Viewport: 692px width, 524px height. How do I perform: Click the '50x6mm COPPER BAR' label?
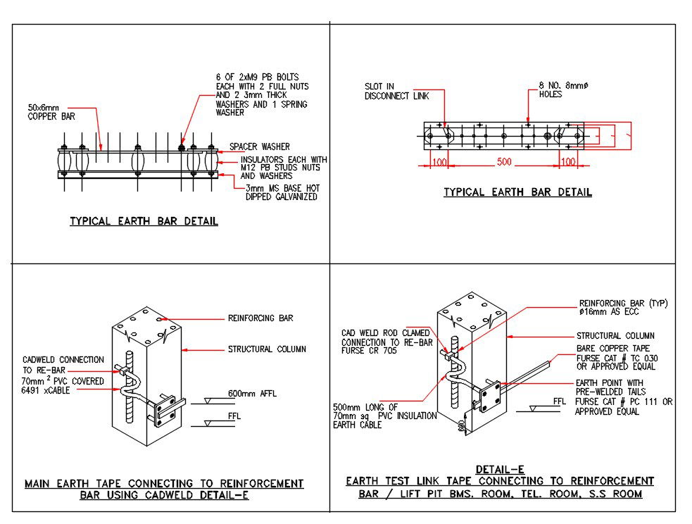pos(51,112)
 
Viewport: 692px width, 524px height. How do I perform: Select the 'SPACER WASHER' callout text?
pos(259,147)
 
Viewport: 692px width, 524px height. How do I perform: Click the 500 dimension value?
pos(505,163)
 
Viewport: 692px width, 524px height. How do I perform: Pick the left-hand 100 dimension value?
pos(440,163)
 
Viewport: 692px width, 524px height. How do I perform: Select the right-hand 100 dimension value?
pos(567,163)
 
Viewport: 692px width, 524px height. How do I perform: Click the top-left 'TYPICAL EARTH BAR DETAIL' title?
pos(144,221)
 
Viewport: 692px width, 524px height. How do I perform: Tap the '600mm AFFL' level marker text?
pos(252,394)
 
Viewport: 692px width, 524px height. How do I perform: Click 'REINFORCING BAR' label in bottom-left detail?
pos(260,318)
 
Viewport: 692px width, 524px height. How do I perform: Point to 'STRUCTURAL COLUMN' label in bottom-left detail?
pos(267,349)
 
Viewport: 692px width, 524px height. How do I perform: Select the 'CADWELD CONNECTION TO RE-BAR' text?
pos(63,365)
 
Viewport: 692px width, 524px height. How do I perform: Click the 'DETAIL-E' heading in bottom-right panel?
pos(500,469)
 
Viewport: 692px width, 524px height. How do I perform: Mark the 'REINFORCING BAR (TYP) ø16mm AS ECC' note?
pos(623,308)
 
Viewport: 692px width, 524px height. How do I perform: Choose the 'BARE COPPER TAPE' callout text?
pos(612,349)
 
